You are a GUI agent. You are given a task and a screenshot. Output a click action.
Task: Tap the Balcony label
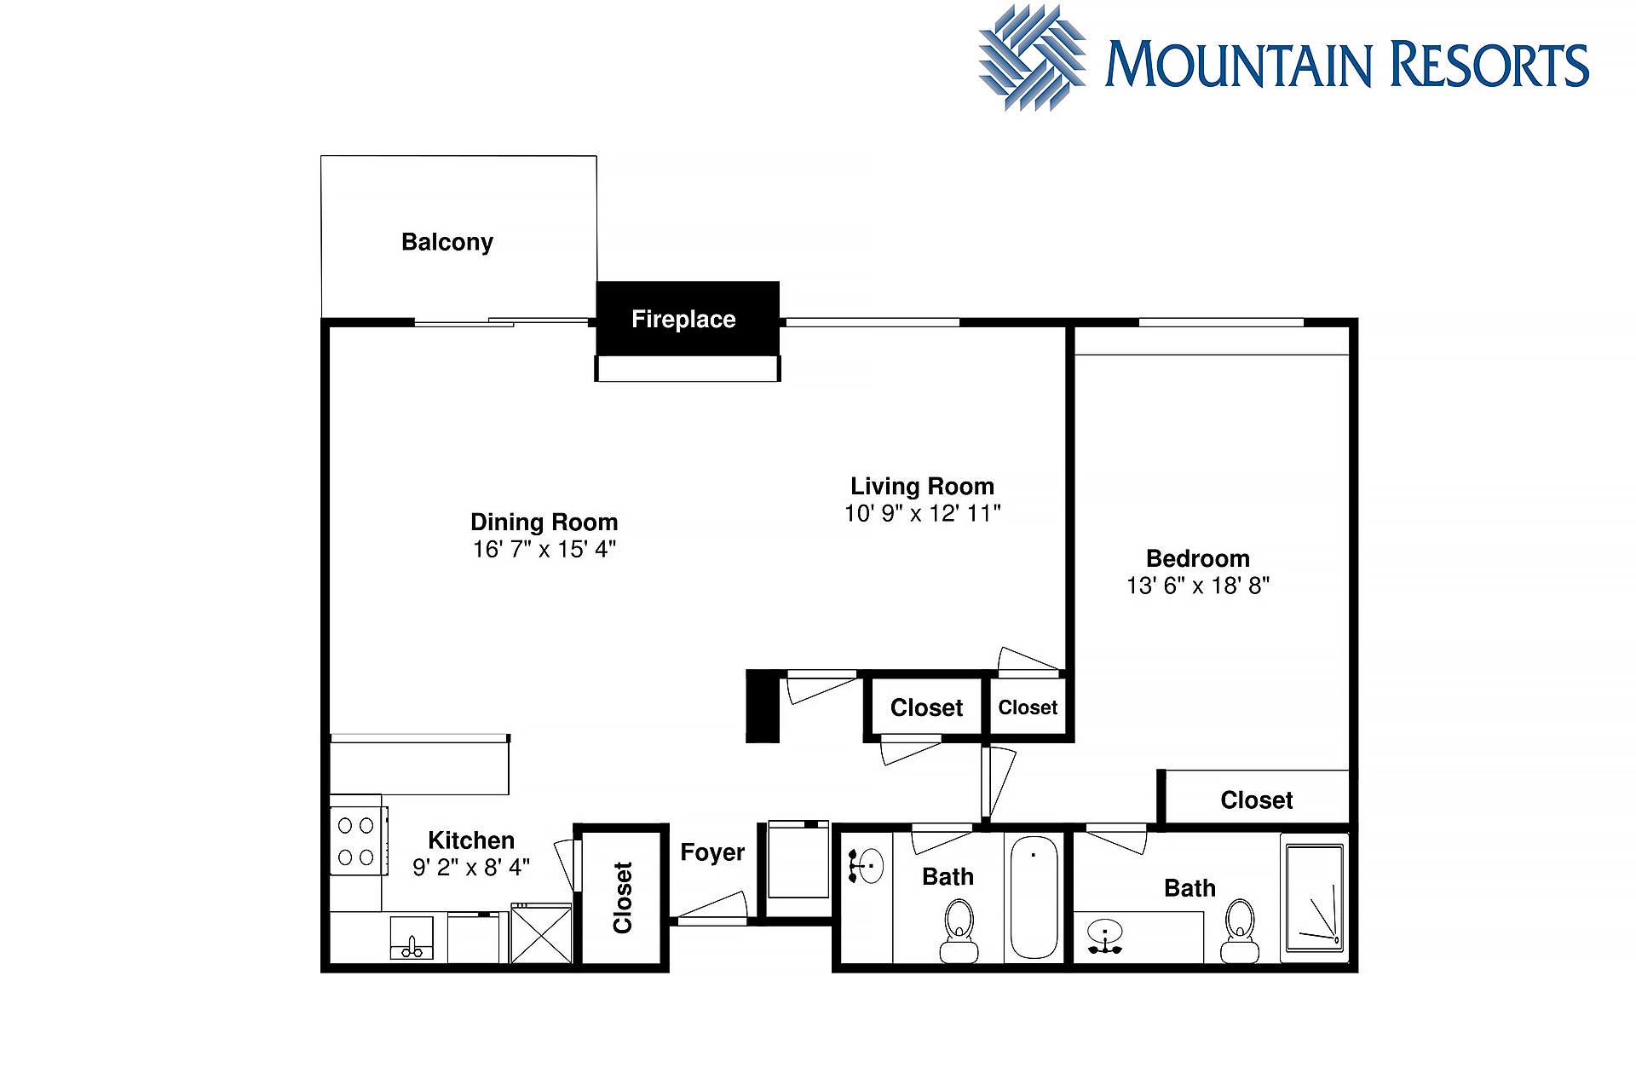[447, 243]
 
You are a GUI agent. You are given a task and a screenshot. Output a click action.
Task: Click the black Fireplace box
[688, 319]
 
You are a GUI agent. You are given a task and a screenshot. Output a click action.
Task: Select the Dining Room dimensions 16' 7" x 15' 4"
[544, 550]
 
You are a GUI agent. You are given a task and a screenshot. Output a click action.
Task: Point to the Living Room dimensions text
[923, 513]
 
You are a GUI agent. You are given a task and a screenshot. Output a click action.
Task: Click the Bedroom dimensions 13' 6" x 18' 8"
[1198, 586]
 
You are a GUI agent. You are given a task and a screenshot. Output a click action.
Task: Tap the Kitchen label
[471, 840]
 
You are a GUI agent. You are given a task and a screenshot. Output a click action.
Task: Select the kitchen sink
[412, 938]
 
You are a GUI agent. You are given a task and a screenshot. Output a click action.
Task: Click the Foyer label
[712, 852]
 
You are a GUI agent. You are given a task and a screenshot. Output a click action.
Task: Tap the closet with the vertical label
[622, 898]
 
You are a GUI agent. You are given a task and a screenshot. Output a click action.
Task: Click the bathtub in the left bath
[1034, 897]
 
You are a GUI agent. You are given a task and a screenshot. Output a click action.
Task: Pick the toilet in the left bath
[959, 932]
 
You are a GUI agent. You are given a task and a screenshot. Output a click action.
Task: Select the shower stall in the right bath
[1314, 898]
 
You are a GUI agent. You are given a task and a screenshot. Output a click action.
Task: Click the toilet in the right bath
[1240, 932]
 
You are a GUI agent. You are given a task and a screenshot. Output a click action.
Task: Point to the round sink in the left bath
[867, 866]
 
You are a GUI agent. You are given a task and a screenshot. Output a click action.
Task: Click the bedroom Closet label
[1257, 800]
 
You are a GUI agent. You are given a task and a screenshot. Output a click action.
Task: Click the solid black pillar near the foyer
[763, 707]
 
